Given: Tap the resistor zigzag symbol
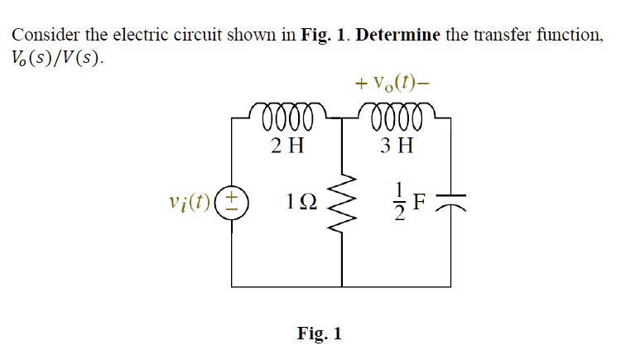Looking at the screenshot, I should [x=341, y=201].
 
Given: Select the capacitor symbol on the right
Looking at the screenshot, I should [x=464, y=200].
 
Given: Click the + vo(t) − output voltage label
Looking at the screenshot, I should [x=392, y=83].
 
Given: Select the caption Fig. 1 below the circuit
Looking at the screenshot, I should [x=319, y=334].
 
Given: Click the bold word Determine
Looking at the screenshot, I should [x=402, y=36].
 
